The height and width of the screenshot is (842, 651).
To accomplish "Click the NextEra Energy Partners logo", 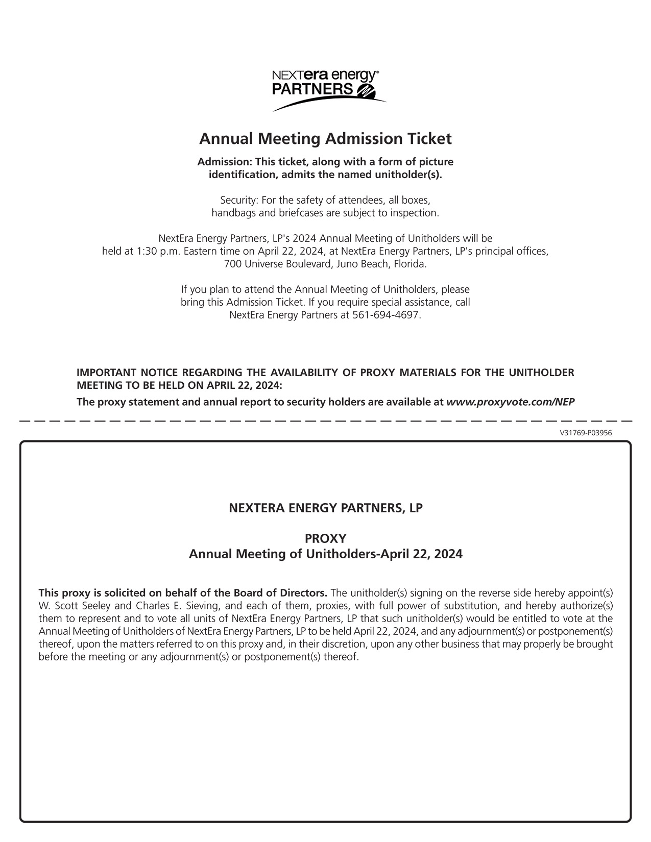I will point(325,90).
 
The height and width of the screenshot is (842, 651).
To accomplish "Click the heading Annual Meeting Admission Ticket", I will point(325,139).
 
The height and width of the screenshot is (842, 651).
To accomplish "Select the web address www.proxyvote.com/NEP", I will point(510,402).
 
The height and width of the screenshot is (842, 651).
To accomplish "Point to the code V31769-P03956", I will point(586,433).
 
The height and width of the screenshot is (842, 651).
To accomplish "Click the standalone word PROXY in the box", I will point(325,539).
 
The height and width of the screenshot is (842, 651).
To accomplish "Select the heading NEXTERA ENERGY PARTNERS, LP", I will point(325,508).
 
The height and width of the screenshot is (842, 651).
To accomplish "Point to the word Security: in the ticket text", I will point(239,200).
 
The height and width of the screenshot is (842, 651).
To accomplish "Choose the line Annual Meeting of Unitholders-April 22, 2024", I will point(325,554).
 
